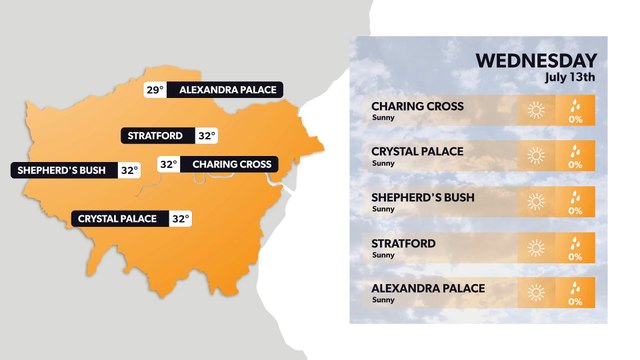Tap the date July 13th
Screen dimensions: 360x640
[x=570, y=77]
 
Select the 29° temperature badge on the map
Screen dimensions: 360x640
[x=154, y=90]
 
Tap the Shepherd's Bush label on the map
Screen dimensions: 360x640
[x=63, y=170]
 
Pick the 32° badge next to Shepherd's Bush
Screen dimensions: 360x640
[x=128, y=170]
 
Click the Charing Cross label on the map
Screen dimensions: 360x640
[x=230, y=164]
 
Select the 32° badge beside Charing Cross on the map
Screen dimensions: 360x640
[x=168, y=164]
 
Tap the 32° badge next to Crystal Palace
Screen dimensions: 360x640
[x=180, y=218]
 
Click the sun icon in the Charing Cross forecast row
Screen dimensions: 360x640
[x=536, y=110]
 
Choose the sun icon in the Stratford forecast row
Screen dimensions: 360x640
[x=536, y=247]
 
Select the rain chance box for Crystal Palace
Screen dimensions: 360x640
[x=575, y=156]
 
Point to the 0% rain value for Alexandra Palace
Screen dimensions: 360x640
[x=575, y=300]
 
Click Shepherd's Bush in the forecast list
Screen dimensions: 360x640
[x=423, y=197]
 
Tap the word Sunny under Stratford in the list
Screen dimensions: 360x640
[x=383, y=255]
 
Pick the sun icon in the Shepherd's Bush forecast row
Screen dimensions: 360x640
[x=536, y=202]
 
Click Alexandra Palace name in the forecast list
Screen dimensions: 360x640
[x=428, y=288]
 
